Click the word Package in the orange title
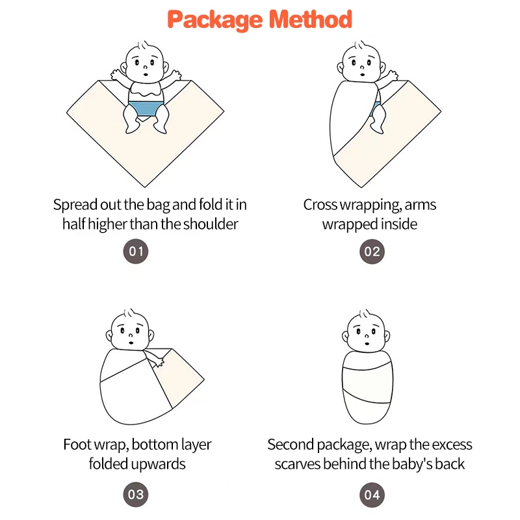coord(215,20)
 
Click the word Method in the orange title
coord(311,19)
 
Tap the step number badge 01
coord(136,252)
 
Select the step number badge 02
coord(372,252)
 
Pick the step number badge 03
coord(136,495)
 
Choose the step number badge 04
coord(372,495)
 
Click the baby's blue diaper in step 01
coord(146,109)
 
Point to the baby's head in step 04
coord(366,332)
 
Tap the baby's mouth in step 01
coord(146,75)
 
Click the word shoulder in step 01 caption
coord(211,224)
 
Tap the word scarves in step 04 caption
coord(298,464)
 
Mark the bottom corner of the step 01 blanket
coord(144,187)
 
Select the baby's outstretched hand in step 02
coord(393,75)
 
